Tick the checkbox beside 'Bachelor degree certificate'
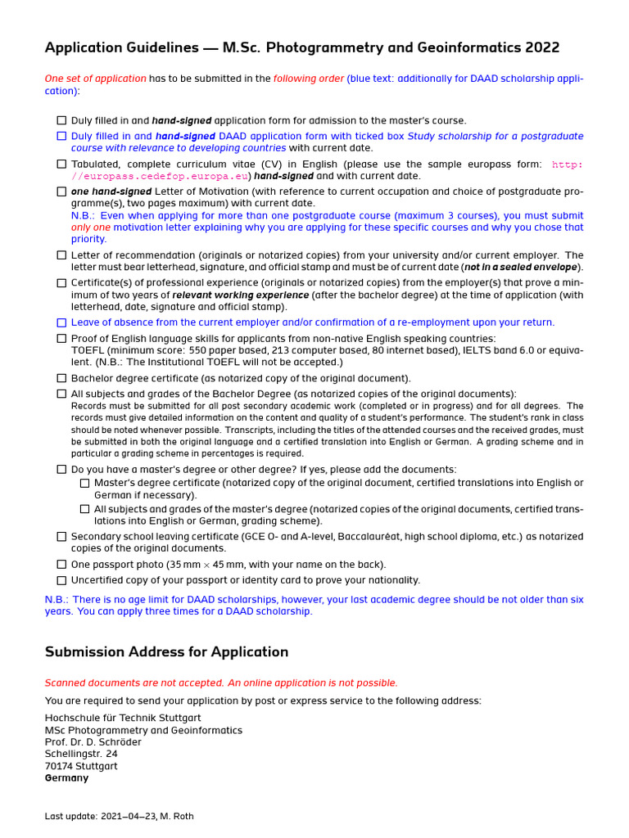click(x=61, y=378)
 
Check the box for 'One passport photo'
click(x=61, y=564)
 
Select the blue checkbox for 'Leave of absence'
click(x=61, y=322)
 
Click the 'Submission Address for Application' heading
click(x=166, y=652)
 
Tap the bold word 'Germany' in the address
click(x=66, y=778)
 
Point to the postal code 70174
click(x=58, y=766)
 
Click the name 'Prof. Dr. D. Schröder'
click(x=93, y=742)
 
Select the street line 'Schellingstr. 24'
click(x=81, y=754)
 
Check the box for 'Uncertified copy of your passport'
click(x=61, y=580)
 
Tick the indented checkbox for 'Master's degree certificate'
click(x=84, y=483)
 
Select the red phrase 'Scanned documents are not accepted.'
click(x=134, y=683)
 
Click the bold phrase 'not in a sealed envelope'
click(x=521, y=268)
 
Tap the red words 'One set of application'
click(x=95, y=79)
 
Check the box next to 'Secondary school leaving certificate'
click(x=61, y=537)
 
